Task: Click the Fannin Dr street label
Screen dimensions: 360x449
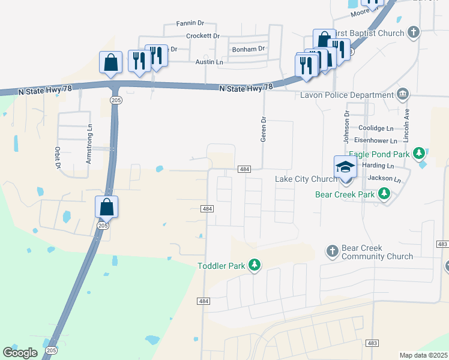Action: (190, 23)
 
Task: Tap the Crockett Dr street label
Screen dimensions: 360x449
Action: (203, 36)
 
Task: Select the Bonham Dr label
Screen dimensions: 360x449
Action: (249, 49)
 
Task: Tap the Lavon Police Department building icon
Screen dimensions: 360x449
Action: (402, 94)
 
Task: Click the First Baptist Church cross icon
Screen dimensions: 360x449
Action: (413, 32)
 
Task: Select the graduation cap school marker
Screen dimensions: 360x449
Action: (345, 167)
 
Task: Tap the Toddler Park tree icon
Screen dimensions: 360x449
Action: (255, 265)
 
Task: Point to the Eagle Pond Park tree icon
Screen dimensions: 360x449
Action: (419, 154)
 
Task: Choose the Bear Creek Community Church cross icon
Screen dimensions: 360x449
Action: (333, 251)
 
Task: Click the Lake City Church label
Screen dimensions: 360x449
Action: (306, 179)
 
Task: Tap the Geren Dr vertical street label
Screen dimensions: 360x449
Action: (262, 129)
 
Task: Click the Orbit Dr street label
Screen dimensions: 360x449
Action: (58, 157)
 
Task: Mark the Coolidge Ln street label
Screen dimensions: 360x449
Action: (375, 128)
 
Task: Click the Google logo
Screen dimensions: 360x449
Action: (20, 352)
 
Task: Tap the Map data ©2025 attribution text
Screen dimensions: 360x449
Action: (423, 355)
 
